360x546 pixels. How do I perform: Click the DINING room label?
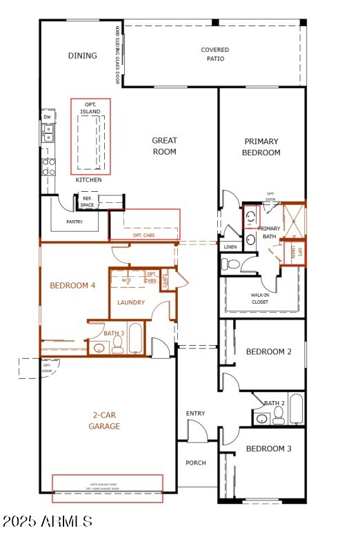coord(82,56)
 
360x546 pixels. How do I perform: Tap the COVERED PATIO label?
coord(214,55)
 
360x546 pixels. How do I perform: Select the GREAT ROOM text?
coord(164,146)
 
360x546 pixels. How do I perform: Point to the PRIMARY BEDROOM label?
coord(261,147)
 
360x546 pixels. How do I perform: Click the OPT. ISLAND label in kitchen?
coord(90,108)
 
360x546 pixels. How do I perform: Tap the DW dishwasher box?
coord(48,117)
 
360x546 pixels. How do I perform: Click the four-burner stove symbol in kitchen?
coord(49,166)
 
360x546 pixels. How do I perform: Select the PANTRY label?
coord(74,222)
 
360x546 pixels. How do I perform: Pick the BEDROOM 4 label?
coord(72,286)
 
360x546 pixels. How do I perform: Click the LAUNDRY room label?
coord(131,302)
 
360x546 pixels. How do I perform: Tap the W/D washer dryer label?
coord(126,280)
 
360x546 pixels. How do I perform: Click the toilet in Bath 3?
coord(117,347)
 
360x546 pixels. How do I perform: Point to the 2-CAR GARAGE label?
coord(106,421)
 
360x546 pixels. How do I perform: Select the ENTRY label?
coord(195,413)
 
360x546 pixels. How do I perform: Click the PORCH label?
coord(196,462)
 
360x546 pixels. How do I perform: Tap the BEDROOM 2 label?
coord(268,352)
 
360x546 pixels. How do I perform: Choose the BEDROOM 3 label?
coord(268,449)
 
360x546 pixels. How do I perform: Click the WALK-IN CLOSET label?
coord(260,298)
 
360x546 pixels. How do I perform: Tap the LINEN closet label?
coord(230,247)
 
